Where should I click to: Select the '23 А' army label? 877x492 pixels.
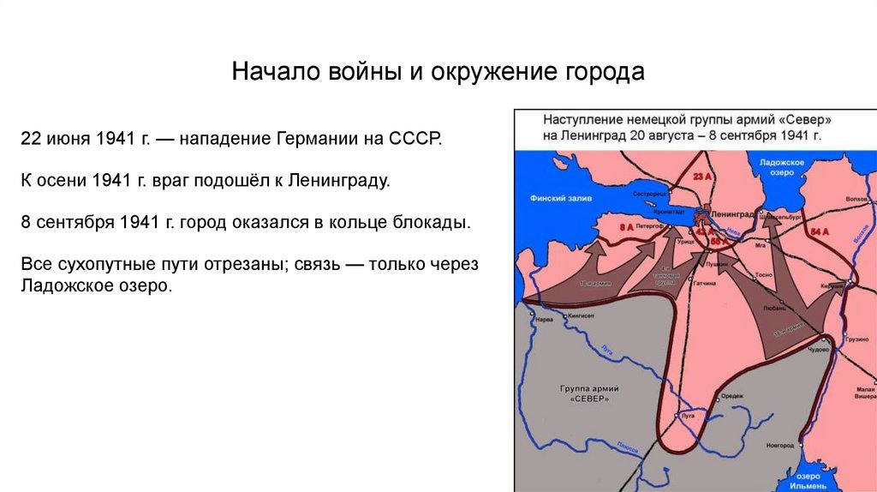point(702,177)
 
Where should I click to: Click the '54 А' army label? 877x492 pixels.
point(820,231)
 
